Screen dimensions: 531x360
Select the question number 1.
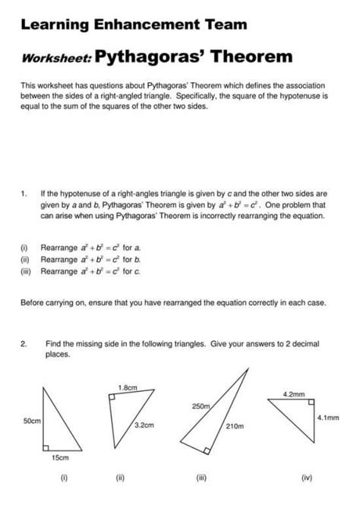24,194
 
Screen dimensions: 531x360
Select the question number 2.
24,343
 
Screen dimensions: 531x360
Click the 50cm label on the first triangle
33,419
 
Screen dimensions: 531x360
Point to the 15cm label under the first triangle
60,458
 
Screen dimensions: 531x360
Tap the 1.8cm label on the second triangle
127,387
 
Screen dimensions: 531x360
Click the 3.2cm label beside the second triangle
144,425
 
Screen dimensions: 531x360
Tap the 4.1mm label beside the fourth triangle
328,418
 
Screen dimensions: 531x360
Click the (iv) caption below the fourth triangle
306,479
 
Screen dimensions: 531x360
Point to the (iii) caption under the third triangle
201,479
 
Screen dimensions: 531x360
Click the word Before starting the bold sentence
37,302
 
